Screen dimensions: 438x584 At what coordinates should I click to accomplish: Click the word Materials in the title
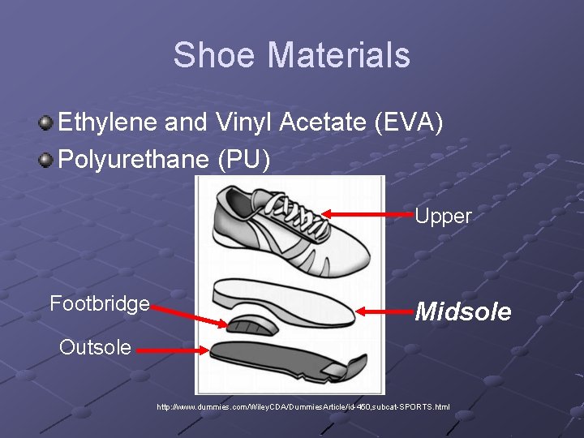339,55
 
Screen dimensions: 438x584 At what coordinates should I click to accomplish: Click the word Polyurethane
135,159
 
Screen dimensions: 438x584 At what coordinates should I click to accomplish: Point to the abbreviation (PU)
244,159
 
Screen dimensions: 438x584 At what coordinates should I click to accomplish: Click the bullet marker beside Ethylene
47,123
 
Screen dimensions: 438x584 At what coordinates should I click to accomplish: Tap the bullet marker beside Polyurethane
47,158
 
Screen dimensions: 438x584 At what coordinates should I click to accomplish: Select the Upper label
443,216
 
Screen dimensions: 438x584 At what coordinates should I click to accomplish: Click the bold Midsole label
463,311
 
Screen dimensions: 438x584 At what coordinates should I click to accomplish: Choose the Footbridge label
100,303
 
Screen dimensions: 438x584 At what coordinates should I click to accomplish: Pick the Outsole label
95,347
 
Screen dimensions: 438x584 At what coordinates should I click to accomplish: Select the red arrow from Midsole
384,311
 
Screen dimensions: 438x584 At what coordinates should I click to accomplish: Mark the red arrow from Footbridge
191,315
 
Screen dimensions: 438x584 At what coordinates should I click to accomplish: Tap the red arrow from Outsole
170,350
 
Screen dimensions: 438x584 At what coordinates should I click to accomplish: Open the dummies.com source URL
303,406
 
